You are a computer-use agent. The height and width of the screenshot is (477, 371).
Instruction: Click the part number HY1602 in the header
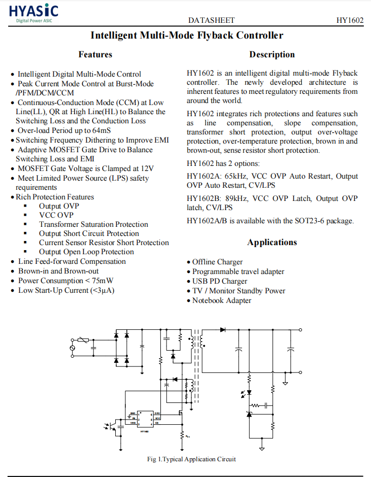350,20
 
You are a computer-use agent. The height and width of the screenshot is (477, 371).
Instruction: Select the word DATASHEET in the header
211,20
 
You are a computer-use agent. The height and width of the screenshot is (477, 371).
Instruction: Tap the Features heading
95,54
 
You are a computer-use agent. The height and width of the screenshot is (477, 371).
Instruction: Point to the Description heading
272,54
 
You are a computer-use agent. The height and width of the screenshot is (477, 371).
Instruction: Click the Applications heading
272,242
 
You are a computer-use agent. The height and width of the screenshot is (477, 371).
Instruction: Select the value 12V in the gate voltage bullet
146,168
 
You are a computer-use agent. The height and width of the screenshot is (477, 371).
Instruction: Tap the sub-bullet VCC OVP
56,215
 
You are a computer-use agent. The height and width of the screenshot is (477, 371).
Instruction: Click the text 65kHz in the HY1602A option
236,176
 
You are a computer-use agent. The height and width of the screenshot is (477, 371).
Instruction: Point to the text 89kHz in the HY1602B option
236,198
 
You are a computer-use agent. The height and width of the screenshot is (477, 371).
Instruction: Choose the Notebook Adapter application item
221,300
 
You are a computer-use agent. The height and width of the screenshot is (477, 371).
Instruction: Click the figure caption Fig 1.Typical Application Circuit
191,459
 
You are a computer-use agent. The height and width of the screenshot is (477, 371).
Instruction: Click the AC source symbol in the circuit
72,347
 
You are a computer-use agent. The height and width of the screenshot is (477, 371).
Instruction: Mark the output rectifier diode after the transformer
222,330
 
